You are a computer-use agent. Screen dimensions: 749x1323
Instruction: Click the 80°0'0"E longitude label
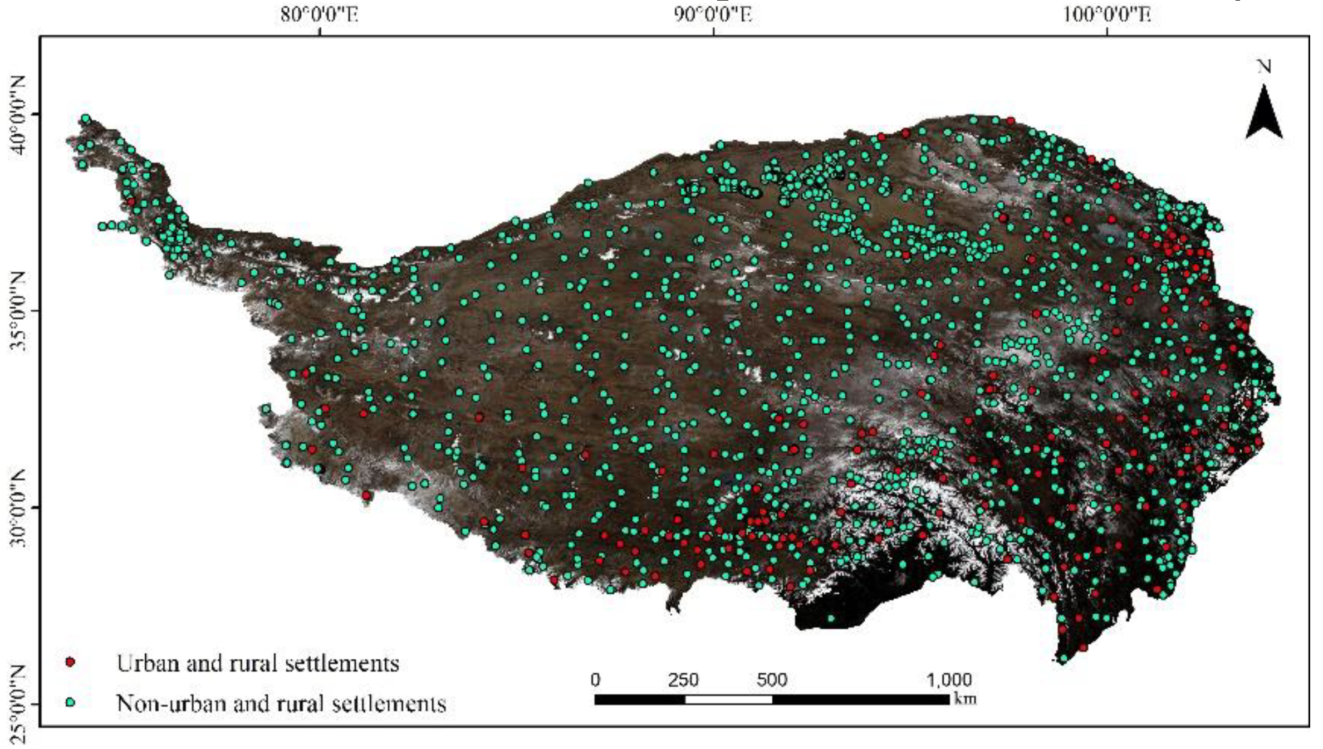click(x=320, y=13)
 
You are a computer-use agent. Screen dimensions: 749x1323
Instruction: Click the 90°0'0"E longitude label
click(x=713, y=13)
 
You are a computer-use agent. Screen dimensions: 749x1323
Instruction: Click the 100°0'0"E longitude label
click(x=1107, y=13)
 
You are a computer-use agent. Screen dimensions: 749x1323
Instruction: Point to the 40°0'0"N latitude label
click(x=18, y=115)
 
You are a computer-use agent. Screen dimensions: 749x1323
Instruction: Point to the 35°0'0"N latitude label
click(x=18, y=311)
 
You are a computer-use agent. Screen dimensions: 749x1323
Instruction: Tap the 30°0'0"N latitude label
click(x=18, y=508)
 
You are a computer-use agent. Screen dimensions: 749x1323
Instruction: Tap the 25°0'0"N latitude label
click(x=18, y=704)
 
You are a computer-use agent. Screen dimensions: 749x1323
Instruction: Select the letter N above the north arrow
click(x=1265, y=67)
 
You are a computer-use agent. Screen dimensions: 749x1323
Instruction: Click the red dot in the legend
click(x=70, y=662)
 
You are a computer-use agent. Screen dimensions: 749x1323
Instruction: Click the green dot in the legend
click(x=70, y=702)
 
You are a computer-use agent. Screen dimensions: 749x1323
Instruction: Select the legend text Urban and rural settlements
click(x=258, y=663)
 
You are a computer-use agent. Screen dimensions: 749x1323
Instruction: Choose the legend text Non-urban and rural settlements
click(x=281, y=703)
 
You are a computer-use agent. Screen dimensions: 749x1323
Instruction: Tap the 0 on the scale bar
click(x=596, y=680)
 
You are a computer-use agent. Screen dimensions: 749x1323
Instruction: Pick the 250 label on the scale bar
click(x=683, y=680)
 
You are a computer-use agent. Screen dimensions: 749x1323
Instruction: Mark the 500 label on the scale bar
click(x=772, y=680)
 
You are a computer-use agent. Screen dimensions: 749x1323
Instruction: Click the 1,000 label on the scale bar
click(x=949, y=680)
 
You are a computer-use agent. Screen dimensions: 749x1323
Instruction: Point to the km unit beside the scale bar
click(x=965, y=698)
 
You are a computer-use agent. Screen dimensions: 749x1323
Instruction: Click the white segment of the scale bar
click(x=728, y=699)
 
